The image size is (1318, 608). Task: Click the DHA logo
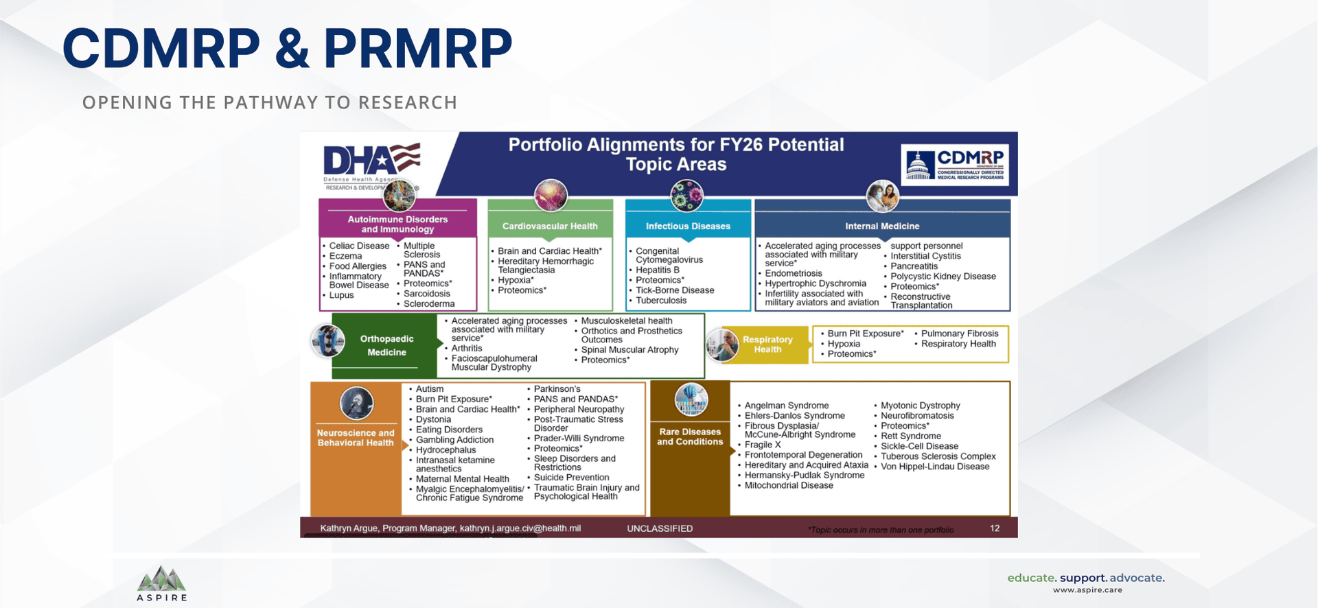(x=371, y=162)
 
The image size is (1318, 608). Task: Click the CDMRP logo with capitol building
(x=956, y=165)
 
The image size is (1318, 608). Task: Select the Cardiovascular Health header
(x=550, y=226)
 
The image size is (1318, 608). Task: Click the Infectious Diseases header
(x=688, y=226)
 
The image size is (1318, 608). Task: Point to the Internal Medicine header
(x=882, y=226)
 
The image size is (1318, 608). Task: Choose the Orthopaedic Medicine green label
(x=386, y=345)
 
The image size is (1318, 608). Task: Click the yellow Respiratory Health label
(x=767, y=344)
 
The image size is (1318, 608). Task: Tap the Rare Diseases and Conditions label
(x=690, y=436)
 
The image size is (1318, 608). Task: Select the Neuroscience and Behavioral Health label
(x=356, y=438)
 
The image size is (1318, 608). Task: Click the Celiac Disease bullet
(x=359, y=246)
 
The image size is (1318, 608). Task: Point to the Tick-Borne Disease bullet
(x=675, y=290)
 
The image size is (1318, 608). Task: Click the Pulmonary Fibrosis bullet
(x=959, y=334)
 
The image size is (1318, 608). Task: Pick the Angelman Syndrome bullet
(x=787, y=406)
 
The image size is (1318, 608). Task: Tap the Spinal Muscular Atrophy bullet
(x=629, y=349)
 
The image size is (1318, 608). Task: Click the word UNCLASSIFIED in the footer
(x=660, y=528)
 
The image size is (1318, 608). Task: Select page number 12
(x=995, y=528)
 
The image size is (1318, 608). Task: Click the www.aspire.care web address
(x=1087, y=590)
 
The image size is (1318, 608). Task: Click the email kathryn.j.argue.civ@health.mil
(x=520, y=528)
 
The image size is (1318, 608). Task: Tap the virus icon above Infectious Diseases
(x=687, y=195)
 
